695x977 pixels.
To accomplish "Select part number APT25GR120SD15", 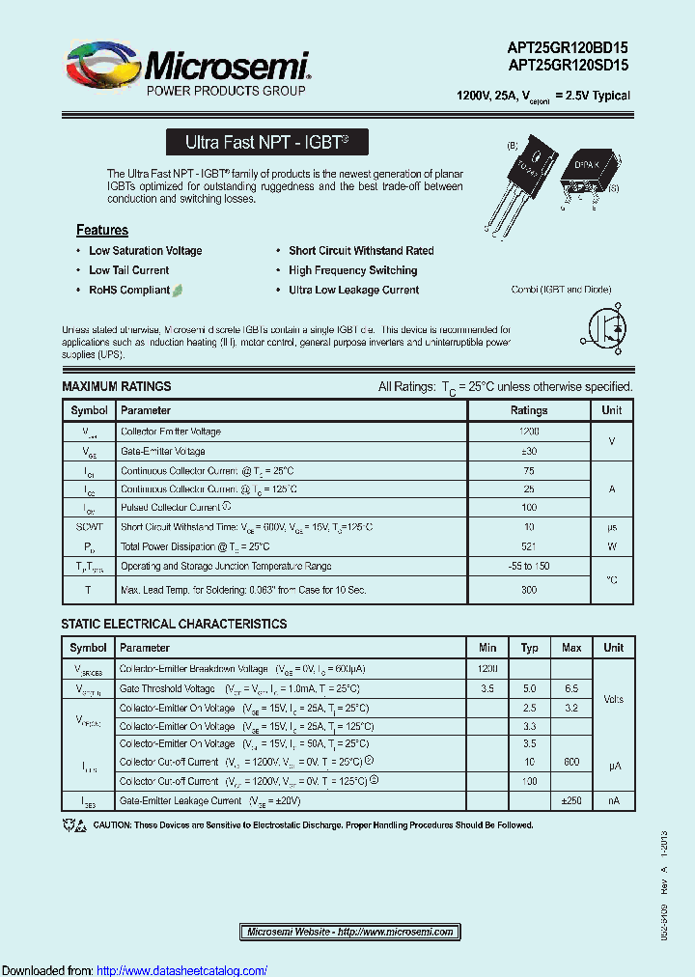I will tap(569, 66).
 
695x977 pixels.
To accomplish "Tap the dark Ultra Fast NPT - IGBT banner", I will tap(266, 142).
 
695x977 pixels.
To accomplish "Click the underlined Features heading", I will tap(102, 230).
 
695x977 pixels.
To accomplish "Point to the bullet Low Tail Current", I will tap(128, 270).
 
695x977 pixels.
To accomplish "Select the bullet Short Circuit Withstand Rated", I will tap(361, 250).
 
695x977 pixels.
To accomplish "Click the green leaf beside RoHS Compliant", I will tap(179, 290).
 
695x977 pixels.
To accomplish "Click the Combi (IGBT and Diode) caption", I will tap(561, 290).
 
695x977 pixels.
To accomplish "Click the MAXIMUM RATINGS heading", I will tap(117, 386).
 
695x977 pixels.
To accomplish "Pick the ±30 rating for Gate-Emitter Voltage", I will tap(529, 451).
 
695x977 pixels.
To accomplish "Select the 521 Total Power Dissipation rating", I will tap(529, 546).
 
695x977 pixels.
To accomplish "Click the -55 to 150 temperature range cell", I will tap(529, 566).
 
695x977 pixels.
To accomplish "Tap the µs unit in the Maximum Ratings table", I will tap(612, 527).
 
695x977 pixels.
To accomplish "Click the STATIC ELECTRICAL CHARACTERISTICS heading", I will tap(174, 624).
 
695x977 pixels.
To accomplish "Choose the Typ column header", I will tap(530, 648).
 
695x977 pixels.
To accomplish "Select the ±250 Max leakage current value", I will tap(571, 800).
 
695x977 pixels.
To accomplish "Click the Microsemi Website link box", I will tap(349, 932).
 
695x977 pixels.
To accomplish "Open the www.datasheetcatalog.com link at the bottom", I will tap(182, 970).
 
